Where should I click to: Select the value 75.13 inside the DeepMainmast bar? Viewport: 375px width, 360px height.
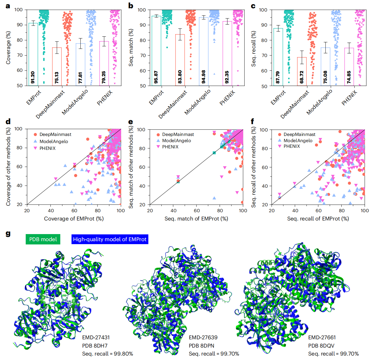tap(57, 77)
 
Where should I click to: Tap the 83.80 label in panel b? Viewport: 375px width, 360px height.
tap(180, 77)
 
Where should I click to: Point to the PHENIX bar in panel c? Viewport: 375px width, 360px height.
tap(349, 67)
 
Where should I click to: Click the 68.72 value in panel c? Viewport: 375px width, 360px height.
tap(302, 77)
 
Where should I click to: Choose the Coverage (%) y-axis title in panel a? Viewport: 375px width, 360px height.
tap(8, 48)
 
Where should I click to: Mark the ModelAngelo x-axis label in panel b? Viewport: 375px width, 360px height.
tap(197, 102)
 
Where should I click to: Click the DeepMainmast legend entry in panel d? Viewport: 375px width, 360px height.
tap(55, 134)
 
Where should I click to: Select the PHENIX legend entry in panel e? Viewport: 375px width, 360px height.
tap(170, 147)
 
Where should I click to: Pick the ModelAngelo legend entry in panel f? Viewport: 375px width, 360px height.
tap(298, 141)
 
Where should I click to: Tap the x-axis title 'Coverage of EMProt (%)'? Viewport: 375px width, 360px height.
tap(74, 219)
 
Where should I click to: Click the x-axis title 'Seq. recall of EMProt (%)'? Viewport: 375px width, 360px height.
tap(318, 219)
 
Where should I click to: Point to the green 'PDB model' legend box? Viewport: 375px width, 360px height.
tap(43, 239)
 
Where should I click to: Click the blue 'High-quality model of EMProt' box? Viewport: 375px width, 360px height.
tap(110, 239)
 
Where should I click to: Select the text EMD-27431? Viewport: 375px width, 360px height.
tap(96, 338)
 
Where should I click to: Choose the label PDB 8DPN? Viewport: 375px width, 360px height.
tap(202, 346)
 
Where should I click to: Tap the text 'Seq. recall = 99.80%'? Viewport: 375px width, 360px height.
tap(108, 354)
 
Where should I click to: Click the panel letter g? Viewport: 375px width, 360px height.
tap(8, 234)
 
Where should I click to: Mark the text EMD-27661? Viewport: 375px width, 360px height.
tap(322, 338)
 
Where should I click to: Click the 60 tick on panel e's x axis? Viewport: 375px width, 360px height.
tap(197, 211)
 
